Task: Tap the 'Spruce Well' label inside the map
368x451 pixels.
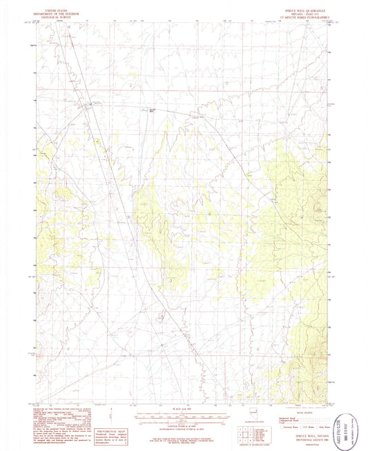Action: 153,110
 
